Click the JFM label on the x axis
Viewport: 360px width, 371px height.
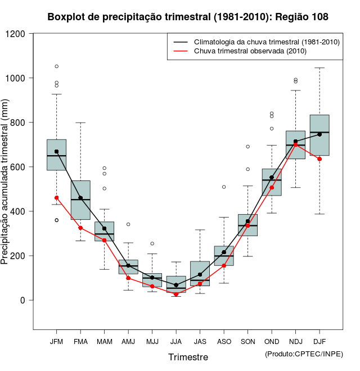tap(56, 341)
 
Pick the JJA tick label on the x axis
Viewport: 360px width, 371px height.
tap(176, 341)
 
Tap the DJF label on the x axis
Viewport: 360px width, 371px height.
tap(319, 341)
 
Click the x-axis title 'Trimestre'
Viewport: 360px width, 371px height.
tap(188, 357)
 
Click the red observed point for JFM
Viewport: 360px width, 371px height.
tap(56, 198)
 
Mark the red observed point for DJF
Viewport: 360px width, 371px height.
tap(319, 159)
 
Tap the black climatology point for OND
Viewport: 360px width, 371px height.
tap(272, 178)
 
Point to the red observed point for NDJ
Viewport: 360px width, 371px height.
tap(295, 144)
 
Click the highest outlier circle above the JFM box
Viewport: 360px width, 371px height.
tap(56, 66)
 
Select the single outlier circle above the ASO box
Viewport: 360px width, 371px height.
tap(224, 187)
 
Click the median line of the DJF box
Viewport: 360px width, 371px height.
tap(319, 132)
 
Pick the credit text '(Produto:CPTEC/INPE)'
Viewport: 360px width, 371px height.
tap(304, 353)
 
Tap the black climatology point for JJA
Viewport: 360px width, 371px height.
tap(176, 285)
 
